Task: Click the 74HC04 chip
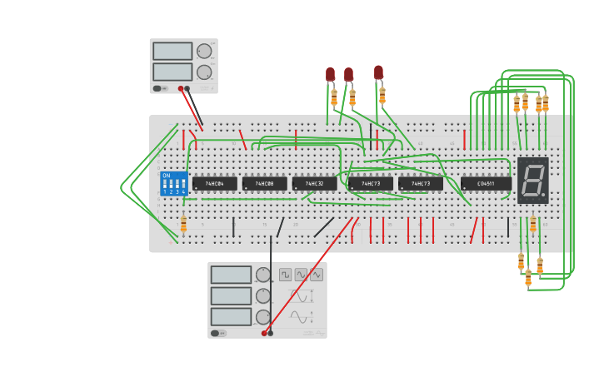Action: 214,183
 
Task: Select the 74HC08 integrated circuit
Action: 264,183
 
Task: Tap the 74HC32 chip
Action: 314,183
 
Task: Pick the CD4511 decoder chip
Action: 486,183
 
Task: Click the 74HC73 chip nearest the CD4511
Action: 421,183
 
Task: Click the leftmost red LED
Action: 330,74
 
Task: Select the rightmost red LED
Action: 378,72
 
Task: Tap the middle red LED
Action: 348,74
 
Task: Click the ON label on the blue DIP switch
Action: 167,176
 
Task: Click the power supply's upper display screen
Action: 172,52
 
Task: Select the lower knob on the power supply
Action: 204,72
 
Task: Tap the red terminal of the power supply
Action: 180,88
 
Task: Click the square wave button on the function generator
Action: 285,274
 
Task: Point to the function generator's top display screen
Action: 231,275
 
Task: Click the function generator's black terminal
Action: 270,333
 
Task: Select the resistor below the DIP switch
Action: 183,224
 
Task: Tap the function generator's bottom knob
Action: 263,317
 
